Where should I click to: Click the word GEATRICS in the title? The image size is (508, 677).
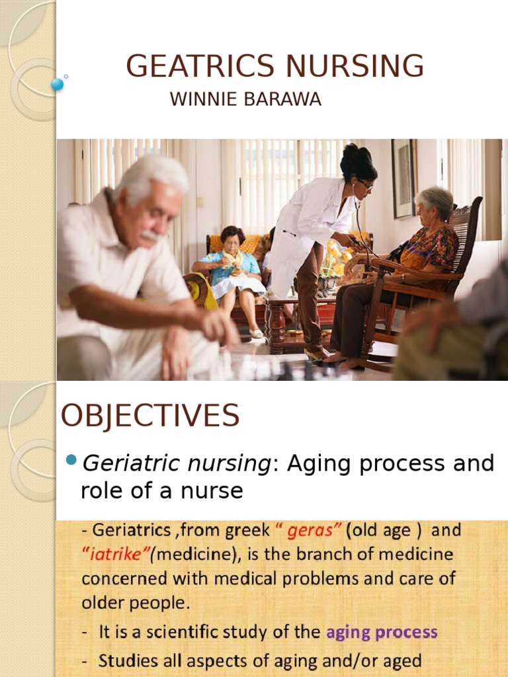(200, 66)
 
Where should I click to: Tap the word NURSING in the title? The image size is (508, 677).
(355, 66)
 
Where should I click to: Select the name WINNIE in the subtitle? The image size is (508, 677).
(204, 99)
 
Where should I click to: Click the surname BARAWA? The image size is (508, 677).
(282, 99)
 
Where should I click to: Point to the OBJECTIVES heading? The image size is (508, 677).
(150, 415)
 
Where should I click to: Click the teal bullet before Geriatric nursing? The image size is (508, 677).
(71, 459)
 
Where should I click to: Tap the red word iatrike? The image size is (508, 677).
(115, 554)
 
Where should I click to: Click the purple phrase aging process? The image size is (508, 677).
(382, 633)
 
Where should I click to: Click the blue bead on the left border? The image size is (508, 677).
(57, 84)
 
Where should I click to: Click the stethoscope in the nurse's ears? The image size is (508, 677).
(360, 216)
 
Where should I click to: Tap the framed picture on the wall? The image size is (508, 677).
(404, 178)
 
